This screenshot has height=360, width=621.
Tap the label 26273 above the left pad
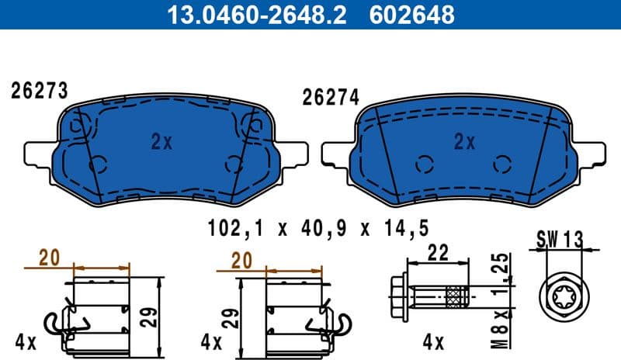[x=40, y=91]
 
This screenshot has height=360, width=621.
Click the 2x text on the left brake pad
[x=161, y=141]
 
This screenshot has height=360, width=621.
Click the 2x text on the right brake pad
[x=464, y=141]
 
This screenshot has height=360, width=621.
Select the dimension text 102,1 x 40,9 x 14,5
[x=318, y=229]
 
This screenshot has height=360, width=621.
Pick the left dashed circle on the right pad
[x=424, y=164]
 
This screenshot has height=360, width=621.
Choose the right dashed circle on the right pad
[x=501, y=164]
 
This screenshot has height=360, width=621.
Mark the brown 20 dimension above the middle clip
[x=242, y=261]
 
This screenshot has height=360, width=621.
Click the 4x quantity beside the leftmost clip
[x=25, y=341]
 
